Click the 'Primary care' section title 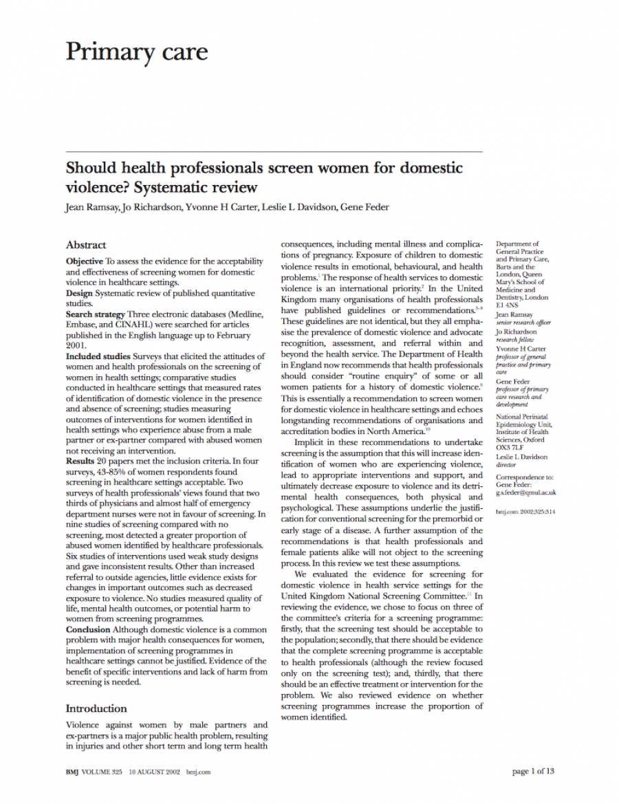click(x=136, y=52)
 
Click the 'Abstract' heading click(x=86, y=245)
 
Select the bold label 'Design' click(x=79, y=293)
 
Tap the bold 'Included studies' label click(x=98, y=356)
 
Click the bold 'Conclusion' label click(x=87, y=629)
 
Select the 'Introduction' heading click(x=96, y=708)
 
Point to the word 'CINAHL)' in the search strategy click(x=158, y=325)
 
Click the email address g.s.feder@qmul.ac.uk click(x=526, y=492)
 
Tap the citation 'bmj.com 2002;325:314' click(x=525, y=512)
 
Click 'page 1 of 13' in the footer click(x=533, y=772)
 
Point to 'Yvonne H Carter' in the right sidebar click(x=521, y=349)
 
